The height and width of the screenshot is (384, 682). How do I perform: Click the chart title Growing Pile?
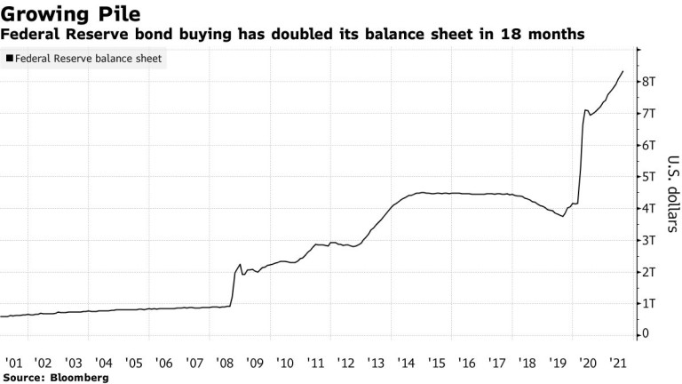(x=70, y=14)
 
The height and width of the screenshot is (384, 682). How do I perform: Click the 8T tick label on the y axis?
(x=648, y=82)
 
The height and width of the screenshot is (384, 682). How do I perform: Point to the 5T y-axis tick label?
(x=648, y=177)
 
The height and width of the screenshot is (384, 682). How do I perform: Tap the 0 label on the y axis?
(x=645, y=334)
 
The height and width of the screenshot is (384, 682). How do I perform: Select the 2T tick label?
(x=648, y=272)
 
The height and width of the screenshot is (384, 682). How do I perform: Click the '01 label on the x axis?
(x=13, y=363)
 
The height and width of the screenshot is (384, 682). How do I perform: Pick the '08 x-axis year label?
(x=225, y=363)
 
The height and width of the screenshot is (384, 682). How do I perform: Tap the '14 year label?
(x=406, y=363)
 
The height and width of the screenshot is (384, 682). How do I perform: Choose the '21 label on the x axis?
(x=618, y=363)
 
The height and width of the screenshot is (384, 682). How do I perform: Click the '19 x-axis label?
(x=558, y=363)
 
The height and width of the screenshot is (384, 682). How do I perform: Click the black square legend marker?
(x=10, y=58)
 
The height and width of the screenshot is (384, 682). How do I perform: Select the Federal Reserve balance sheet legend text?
(x=88, y=59)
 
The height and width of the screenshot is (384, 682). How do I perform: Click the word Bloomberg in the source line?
(x=80, y=378)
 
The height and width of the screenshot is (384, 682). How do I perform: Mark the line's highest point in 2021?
(x=623, y=71)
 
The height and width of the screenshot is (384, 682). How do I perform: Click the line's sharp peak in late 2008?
(x=240, y=264)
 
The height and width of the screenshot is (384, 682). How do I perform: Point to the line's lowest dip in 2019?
(x=563, y=216)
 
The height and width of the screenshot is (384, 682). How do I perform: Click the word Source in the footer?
(x=23, y=378)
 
